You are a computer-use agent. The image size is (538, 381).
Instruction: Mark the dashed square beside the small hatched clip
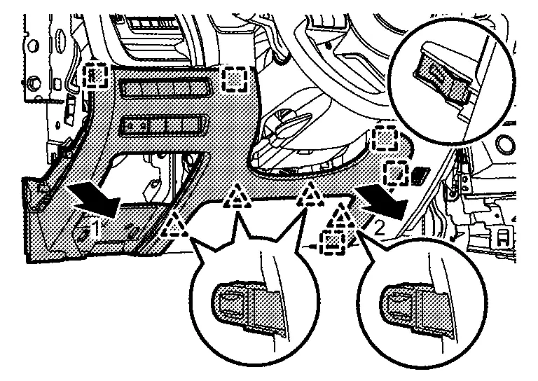396,170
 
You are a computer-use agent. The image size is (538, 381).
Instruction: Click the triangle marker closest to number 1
173,226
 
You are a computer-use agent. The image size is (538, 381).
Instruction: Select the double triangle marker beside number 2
343,215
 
